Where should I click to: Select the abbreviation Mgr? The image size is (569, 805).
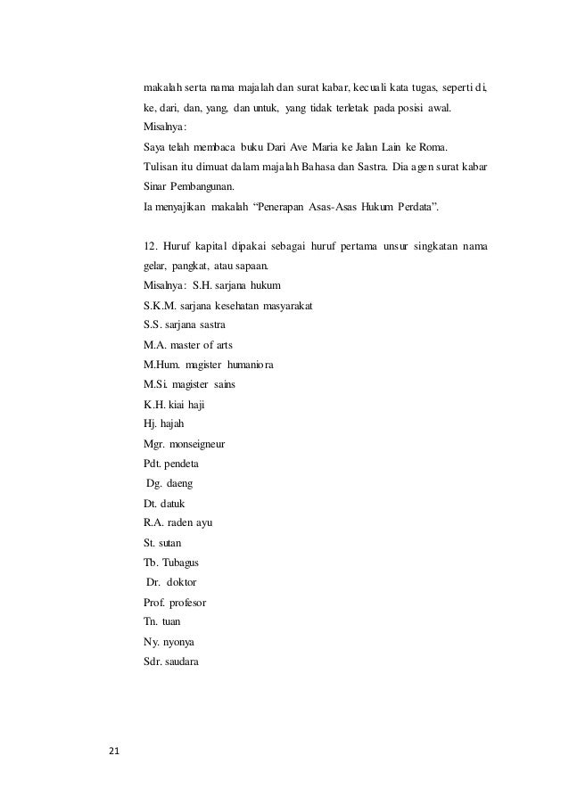click(x=155, y=443)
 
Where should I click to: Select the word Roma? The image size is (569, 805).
click(x=436, y=147)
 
